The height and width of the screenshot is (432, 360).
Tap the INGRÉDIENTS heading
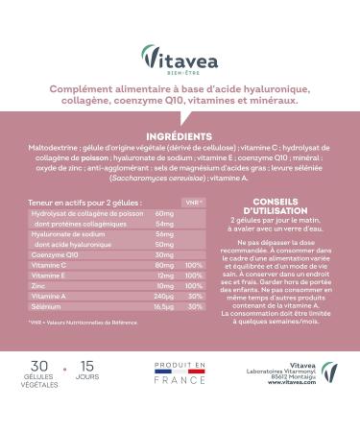point(180,137)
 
